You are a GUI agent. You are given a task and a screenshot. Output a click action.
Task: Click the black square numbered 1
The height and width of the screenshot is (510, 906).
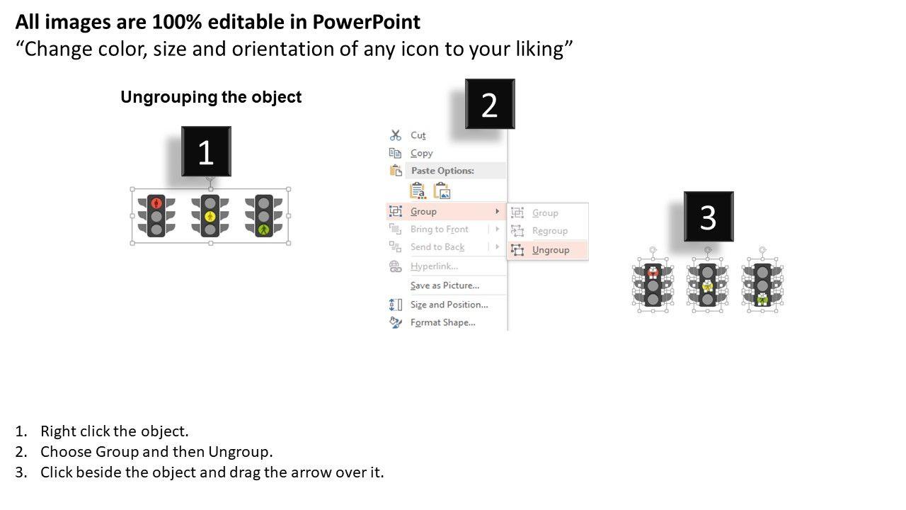click(206, 152)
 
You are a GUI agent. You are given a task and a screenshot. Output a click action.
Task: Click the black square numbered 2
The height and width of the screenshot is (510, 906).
click(490, 104)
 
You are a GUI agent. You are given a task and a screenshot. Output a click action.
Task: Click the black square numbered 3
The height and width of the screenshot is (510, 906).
click(709, 217)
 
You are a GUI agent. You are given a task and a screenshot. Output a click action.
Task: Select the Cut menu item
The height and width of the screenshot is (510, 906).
click(418, 135)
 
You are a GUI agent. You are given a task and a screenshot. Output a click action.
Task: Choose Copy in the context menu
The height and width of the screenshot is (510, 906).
click(421, 153)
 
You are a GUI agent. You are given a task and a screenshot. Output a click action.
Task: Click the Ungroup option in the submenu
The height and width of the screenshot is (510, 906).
click(551, 250)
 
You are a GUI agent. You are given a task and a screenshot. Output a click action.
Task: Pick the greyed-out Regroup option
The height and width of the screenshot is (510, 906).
click(550, 231)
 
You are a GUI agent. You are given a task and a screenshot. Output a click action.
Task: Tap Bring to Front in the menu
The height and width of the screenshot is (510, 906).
click(440, 229)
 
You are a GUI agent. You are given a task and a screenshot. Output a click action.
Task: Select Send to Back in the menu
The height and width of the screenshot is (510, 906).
click(437, 247)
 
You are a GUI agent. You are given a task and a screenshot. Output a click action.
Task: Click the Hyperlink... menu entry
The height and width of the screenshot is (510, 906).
click(434, 266)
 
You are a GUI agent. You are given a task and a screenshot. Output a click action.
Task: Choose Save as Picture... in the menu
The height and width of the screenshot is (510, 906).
click(445, 285)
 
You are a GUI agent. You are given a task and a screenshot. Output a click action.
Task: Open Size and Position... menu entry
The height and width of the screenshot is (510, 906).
click(449, 305)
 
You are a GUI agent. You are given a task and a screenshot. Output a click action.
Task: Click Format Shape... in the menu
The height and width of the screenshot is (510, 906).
click(443, 322)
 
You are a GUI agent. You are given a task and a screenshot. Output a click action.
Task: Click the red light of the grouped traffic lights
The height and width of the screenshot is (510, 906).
click(156, 203)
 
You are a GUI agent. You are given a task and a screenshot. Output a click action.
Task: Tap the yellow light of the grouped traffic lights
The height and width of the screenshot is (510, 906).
click(210, 217)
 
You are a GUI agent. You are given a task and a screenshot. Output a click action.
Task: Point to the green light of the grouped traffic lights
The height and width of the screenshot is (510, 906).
click(264, 230)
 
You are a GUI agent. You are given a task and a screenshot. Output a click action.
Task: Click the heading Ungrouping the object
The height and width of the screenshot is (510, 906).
click(211, 97)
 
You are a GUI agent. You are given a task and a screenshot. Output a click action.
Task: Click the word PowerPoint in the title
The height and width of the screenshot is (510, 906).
click(367, 22)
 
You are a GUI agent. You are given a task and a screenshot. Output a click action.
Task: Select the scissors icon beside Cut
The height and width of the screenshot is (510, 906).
click(395, 135)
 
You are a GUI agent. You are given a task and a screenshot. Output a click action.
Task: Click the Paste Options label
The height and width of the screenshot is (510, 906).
click(442, 171)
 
